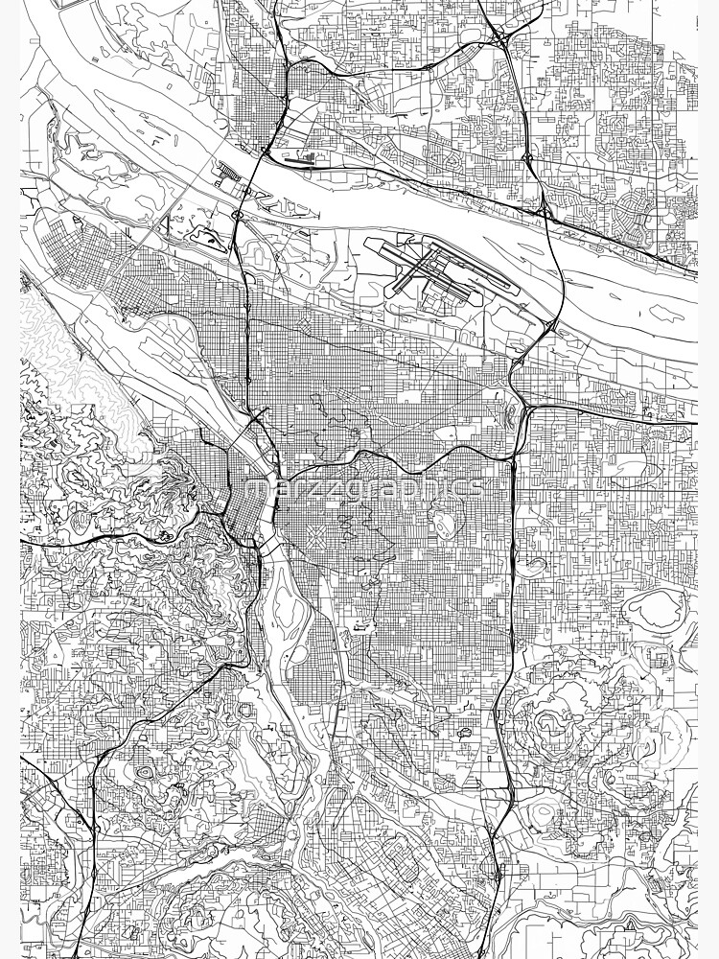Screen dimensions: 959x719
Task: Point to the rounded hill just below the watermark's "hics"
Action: pos(445,522)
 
